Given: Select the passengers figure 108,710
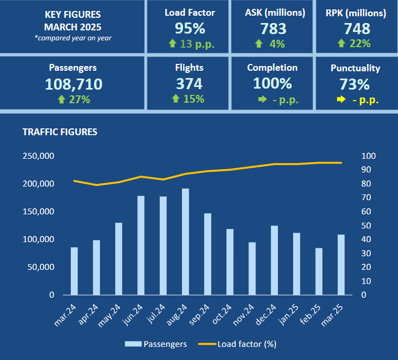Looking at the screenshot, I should point(73,84).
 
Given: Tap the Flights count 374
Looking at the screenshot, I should point(189,84).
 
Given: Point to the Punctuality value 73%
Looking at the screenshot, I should point(355,84).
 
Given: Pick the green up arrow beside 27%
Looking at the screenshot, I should point(62,100).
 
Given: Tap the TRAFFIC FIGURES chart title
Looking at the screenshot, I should point(60,132).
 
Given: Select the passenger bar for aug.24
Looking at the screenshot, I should point(186,242).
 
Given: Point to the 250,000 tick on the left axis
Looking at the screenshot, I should point(38,156).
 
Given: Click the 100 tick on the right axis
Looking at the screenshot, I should point(369,156).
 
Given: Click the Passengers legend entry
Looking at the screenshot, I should point(156,344).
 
